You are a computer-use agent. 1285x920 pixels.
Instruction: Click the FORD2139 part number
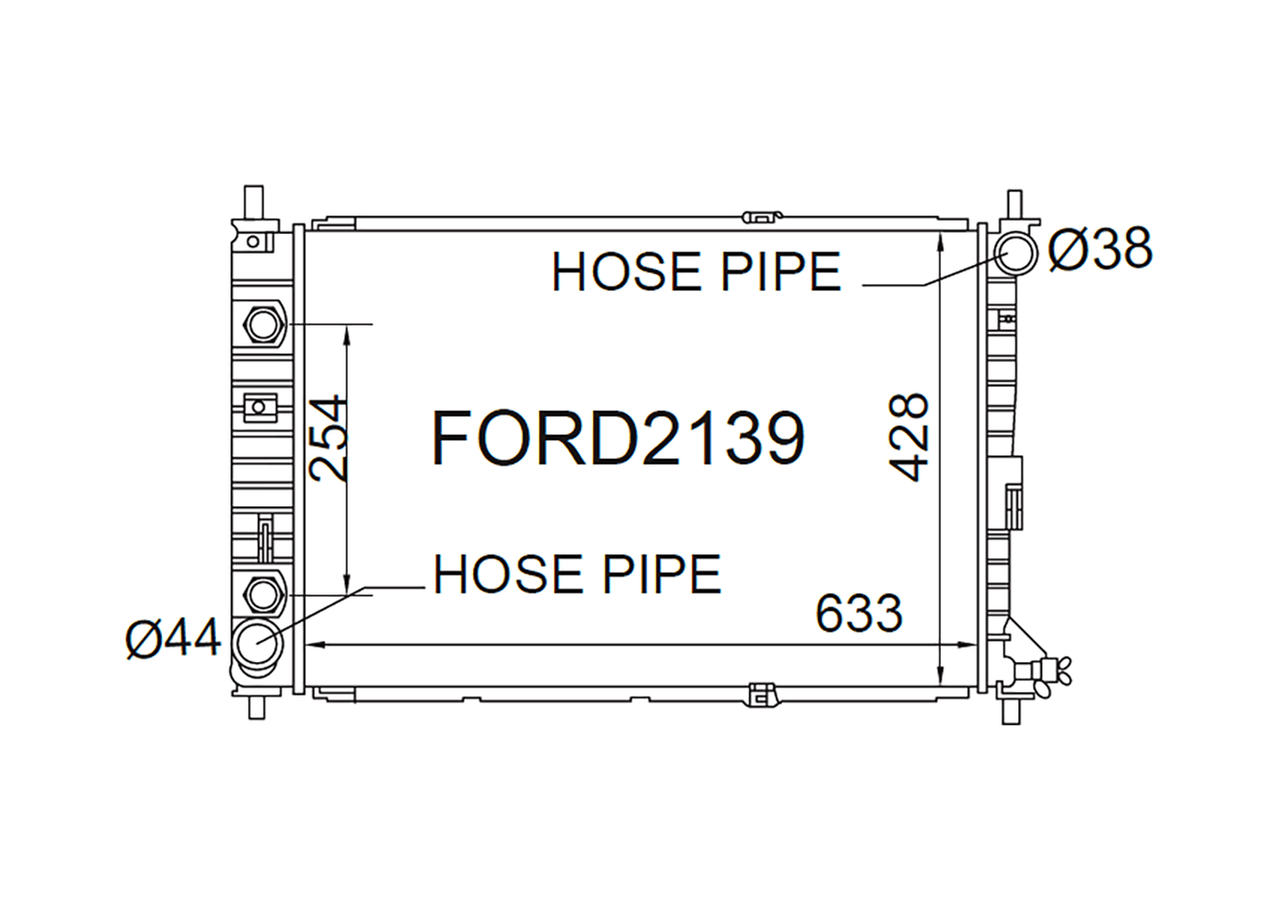pyautogui.click(x=618, y=439)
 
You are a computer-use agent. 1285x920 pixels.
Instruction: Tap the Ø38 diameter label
pyautogui.click(x=1100, y=248)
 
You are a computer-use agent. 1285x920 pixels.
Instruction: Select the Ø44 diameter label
pyautogui.click(x=173, y=639)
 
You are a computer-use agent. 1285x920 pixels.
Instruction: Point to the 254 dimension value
pyautogui.click(x=328, y=438)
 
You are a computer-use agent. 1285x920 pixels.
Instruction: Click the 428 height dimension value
pyautogui.click(x=908, y=437)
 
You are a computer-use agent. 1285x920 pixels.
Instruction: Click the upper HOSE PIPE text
pyautogui.click(x=695, y=271)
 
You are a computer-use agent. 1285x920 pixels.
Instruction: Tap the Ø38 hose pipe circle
pyautogui.click(x=1016, y=253)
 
